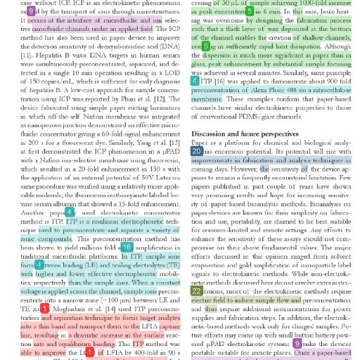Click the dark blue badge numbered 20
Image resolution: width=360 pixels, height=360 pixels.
click(x=197, y=151)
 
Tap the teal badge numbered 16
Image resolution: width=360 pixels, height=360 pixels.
click(x=127, y=247)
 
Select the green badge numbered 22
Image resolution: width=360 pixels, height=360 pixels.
click(x=197, y=290)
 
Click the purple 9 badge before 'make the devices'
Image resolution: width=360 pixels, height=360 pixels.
click(x=297, y=343)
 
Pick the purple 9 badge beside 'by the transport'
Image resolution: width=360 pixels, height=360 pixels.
click(x=31, y=11)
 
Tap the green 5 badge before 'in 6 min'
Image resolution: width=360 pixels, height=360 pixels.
click(x=250, y=11)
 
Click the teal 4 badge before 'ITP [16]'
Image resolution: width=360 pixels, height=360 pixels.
click(x=195, y=82)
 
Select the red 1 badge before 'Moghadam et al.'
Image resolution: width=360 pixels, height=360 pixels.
click(x=45, y=308)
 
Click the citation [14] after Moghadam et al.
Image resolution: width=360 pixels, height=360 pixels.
click(x=110, y=309)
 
